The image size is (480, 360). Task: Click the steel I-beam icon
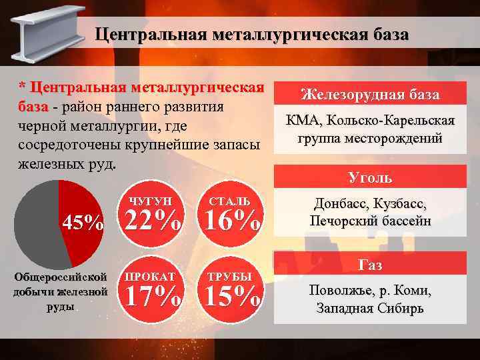(x=41, y=35)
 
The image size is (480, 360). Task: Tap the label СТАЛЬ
(x=230, y=201)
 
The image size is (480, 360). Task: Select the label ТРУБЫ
(x=230, y=276)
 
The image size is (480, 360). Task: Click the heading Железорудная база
(x=370, y=95)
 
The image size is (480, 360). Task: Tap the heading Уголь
(x=370, y=178)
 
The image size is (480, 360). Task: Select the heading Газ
(x=370, y=265)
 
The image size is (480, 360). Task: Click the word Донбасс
(x=341, y=204)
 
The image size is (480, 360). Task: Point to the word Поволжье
(x=339, y=291)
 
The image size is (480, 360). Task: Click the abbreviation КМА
(x=302, y=121)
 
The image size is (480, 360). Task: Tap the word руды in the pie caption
(x=61, y=307)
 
